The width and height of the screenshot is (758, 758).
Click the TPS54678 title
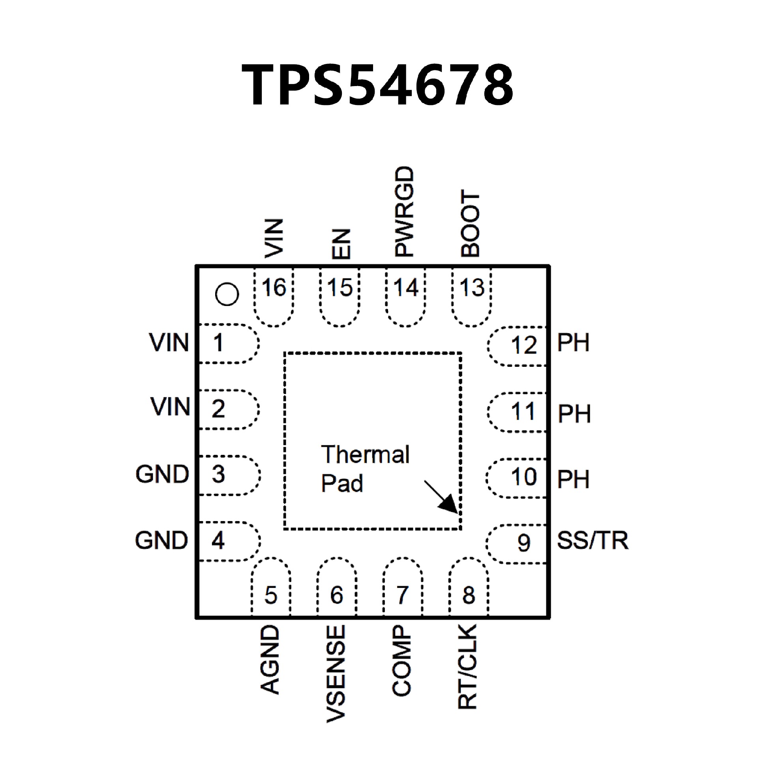[x=378, y=85]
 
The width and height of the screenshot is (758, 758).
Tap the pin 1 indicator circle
[x=227, y=294]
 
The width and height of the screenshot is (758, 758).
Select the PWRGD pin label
[x=405, y=212]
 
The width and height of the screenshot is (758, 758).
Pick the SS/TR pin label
[x=592, y=541]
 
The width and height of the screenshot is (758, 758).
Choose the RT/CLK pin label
[x=468, y=667]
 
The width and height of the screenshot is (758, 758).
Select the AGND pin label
[x=271, y=660]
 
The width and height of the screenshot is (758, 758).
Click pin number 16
[x=274, y=287]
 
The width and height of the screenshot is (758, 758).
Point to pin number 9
[x=523, y=543]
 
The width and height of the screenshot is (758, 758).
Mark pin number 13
[x=472, y=287]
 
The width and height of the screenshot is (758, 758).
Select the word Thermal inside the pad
[x=366, y=454]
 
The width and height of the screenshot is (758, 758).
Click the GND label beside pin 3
[x=162, y=474]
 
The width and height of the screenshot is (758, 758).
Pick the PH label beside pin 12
[x=573, y=343]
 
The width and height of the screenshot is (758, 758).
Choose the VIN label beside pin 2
[x=170, y=407]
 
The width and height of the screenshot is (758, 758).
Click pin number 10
[x=524, y=477]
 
